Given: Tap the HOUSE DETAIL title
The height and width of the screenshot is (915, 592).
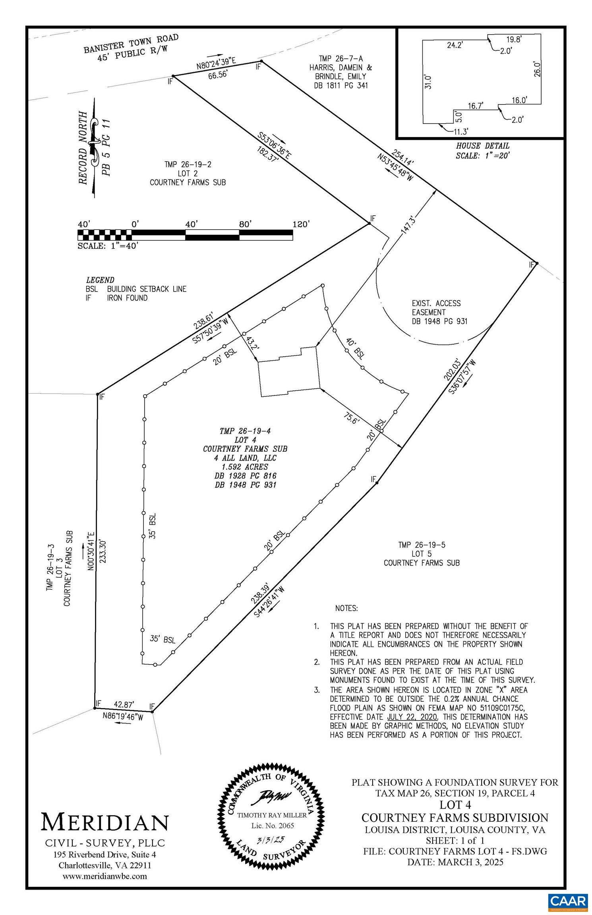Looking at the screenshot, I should pyautogui.click(x=482, y=146).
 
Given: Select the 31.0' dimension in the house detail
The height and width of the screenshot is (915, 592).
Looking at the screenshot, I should pyautogui.click(x=428, y=81).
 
